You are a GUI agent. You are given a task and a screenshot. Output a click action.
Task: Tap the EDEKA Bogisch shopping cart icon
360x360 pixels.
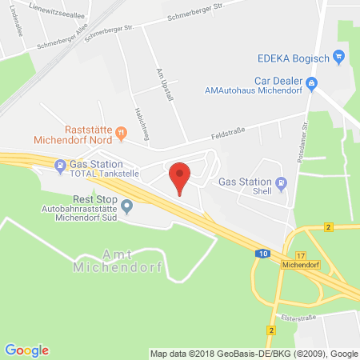[338, 57]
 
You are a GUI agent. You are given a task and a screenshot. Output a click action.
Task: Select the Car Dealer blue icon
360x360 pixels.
[313, 82]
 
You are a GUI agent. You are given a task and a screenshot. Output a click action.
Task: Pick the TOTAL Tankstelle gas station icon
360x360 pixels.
[60, 166]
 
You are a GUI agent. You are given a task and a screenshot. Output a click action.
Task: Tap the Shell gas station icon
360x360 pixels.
[282, 184]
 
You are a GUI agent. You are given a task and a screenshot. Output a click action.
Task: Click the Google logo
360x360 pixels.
[26, 350]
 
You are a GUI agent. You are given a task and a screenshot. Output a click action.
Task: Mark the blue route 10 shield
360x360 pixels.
[264, 253]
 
